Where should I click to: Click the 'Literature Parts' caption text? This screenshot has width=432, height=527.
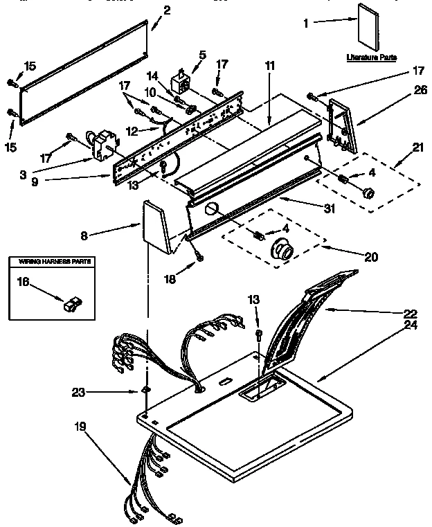[371, 57]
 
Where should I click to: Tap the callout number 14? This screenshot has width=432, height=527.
[153, 75]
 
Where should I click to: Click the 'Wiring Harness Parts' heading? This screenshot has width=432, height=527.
[51, 262]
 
